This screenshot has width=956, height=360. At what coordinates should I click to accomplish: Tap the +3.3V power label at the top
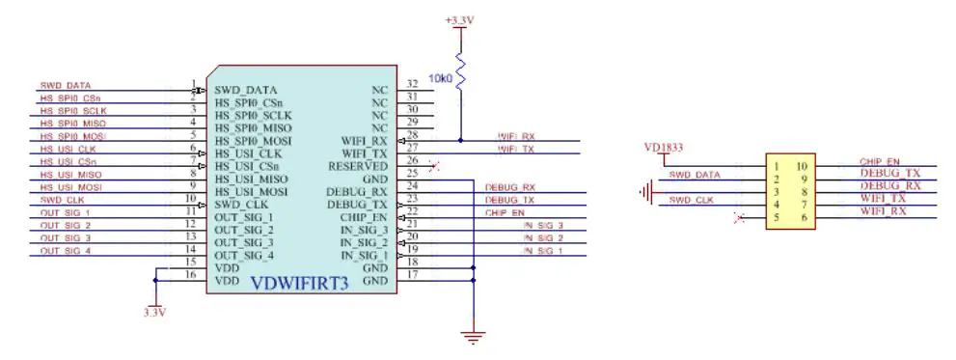pyautogui.click(x=459, y=19)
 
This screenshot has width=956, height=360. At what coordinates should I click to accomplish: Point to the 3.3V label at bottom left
pyautogui.click(x=154, y=313)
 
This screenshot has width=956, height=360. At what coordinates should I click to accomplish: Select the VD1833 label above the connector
pyautogui.click(x=664, y=149)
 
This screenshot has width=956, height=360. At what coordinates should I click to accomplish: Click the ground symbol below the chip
pyautogui.click(x=473, y=336)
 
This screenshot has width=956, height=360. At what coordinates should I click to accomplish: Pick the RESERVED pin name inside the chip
pyautogui.click(x=360, y=167)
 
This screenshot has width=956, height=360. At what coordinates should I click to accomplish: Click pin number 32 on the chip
pyautogui.click(x=413, y=85)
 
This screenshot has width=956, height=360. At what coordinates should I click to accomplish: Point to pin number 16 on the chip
pyautogui.click(x=191, y=276)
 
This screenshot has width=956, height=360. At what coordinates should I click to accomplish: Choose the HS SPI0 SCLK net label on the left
pyautogui.click(x=72, y=111)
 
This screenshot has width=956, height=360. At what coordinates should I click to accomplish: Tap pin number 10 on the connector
pyautogui.click(x=802, y=166)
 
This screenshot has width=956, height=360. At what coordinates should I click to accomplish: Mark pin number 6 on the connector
pyautogui.click(x=802, y=219)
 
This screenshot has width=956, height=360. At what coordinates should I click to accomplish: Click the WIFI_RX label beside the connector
pyautogui.click(x=883, y=211)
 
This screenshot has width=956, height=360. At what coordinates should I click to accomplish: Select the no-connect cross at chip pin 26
pyautogui.click(x=433, y=167)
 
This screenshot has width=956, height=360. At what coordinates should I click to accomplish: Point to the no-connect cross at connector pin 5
pyautogui.click(x=739, y=219)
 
